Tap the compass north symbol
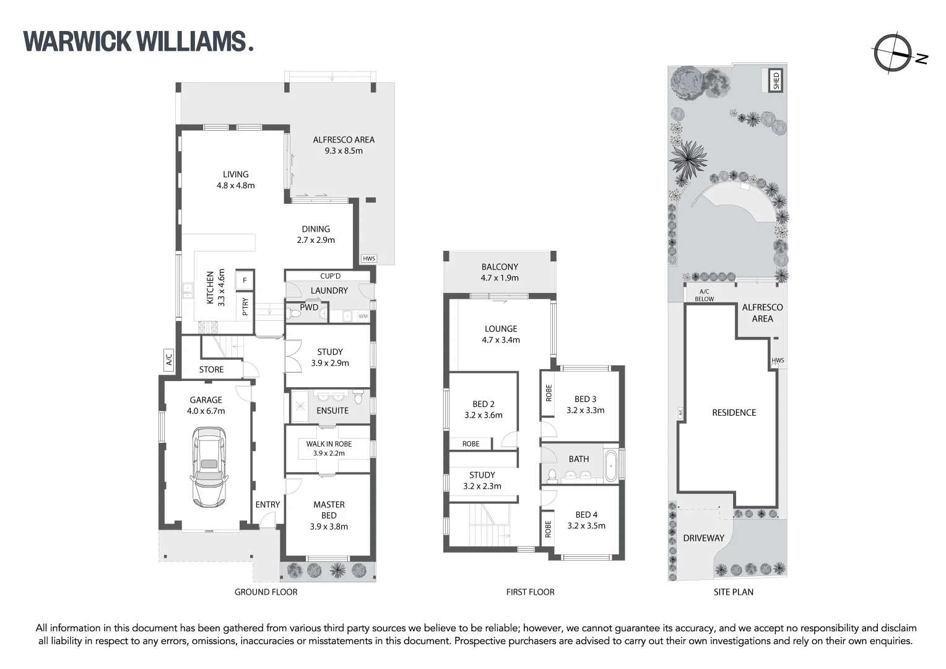tap(892, 55)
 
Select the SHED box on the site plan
tap(776, 81)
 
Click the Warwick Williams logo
tap(138, 42)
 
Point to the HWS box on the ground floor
tap(369, 259)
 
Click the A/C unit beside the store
tap(169, 359)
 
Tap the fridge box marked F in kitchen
tap(245, 281)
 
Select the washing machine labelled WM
tap(363, 317)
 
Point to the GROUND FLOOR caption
tap(266, 592)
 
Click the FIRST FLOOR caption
tap(530, 592)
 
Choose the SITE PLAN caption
tap(733, 592)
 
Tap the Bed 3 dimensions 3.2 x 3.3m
tap(585, 410)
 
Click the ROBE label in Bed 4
tap(548, 529)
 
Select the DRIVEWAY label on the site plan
tap(703, 538)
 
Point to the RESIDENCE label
tap(734, 413)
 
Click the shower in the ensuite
tap(300, 406)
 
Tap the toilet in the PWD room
tap(295, 314)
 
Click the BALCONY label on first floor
tap(499, 267)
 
